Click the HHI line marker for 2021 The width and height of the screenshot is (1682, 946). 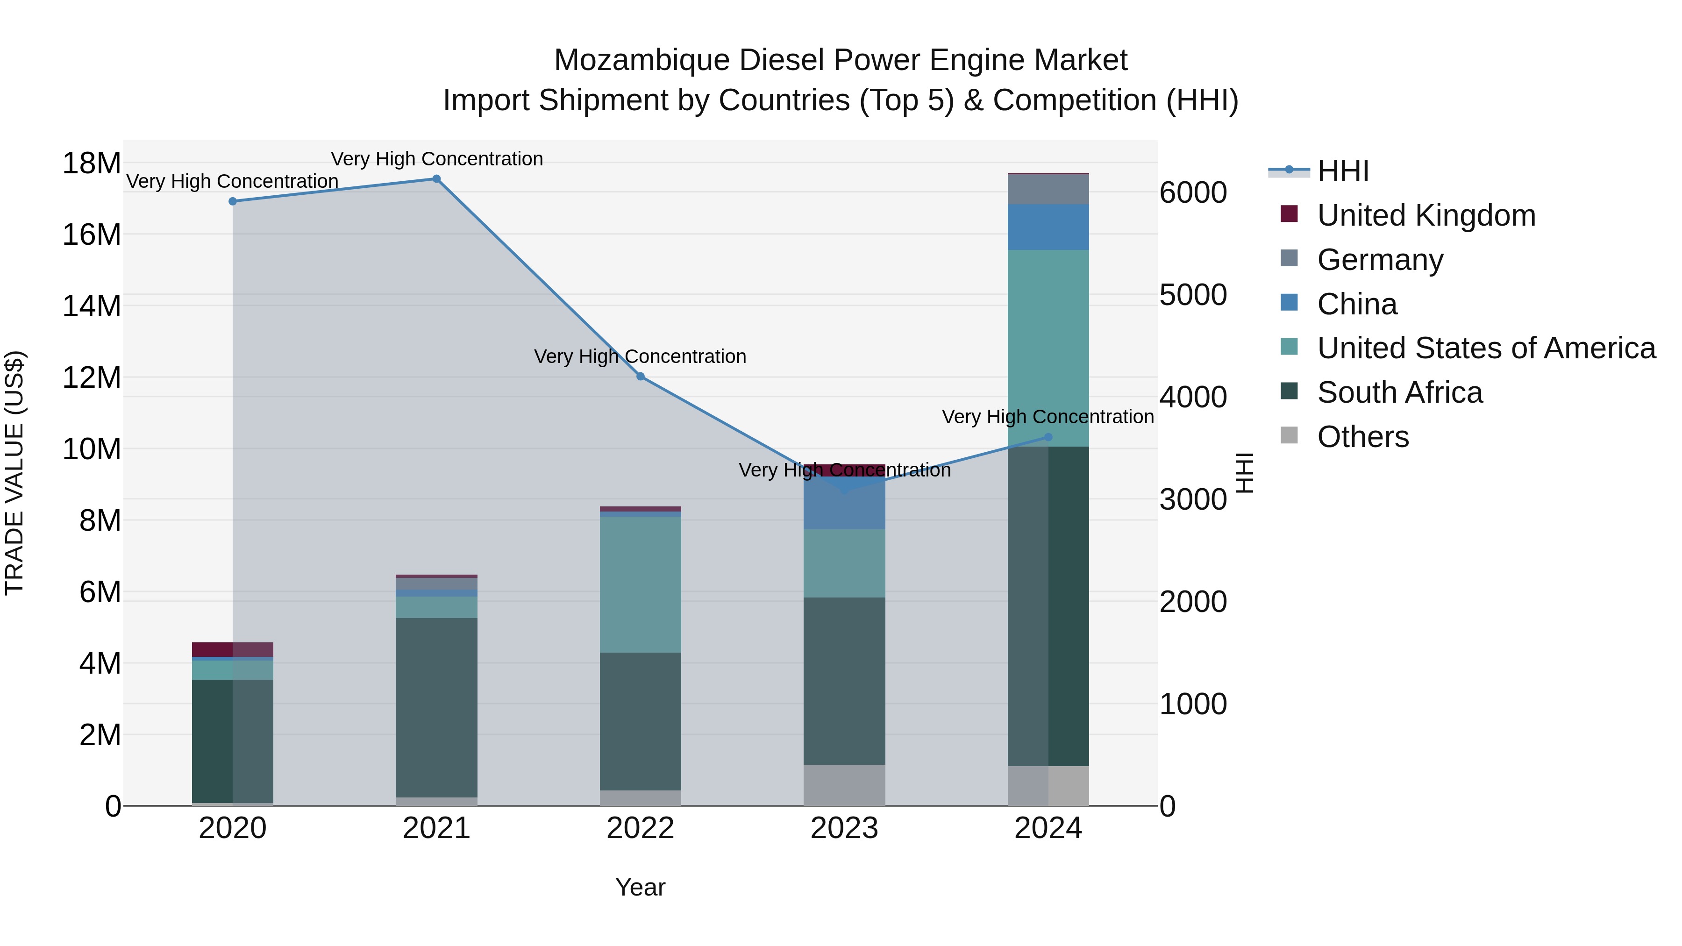coord(436,179)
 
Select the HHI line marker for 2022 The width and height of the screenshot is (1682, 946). coord(641,377)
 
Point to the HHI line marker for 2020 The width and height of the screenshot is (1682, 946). coord(233,201)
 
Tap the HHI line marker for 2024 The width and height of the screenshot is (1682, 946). coord(1048,437)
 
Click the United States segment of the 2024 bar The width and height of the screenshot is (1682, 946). coord(1048,348)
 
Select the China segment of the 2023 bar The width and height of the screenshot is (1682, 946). coord(844,503)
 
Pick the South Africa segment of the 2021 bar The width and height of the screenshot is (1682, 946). coord(436,707)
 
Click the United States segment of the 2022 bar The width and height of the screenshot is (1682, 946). coord(641,584)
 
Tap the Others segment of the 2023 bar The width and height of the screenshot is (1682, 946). coord(844,785)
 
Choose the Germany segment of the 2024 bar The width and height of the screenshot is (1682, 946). coord(1048,189)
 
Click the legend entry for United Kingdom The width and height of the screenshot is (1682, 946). coord(1425,215)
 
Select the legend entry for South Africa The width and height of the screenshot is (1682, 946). coord(1399,392)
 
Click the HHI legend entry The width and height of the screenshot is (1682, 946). coord(1342,171)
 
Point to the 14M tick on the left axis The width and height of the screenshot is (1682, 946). coord(92,306)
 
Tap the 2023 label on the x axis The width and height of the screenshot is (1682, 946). coord(844,828)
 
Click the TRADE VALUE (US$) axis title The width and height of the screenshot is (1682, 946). coord(14,473)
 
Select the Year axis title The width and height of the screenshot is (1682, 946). coord(641,887)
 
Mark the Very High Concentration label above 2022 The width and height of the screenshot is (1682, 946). coord(640,356)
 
